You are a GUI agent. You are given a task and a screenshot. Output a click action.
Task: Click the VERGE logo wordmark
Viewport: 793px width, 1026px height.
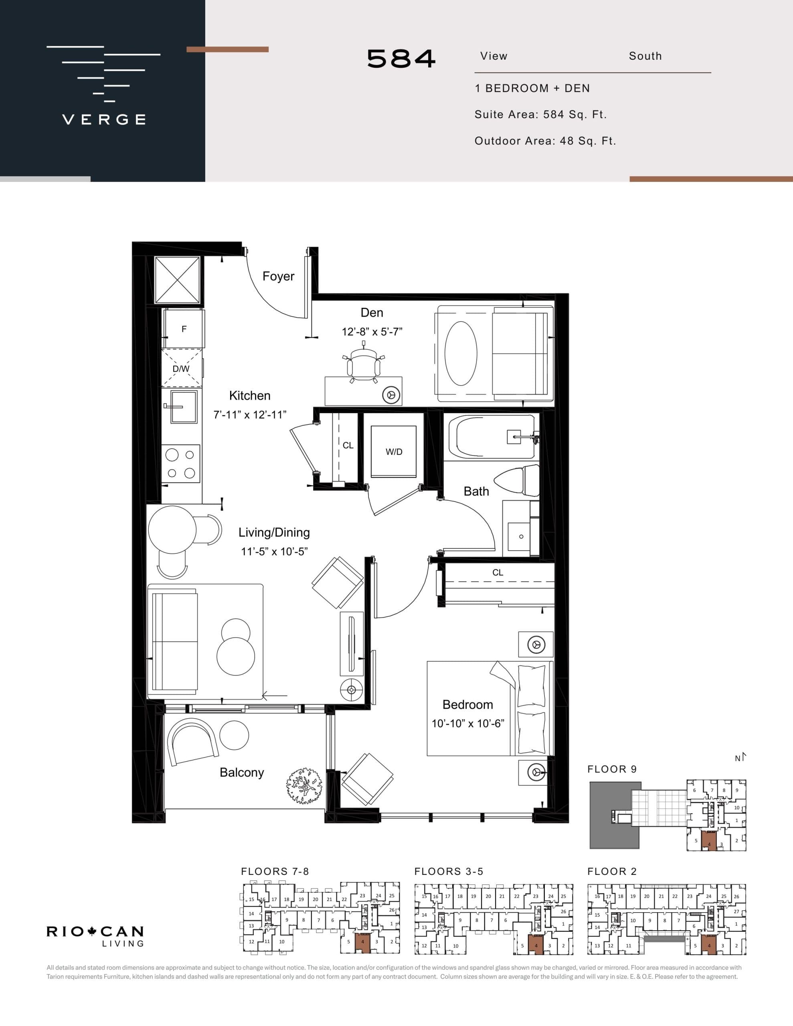point(104,119)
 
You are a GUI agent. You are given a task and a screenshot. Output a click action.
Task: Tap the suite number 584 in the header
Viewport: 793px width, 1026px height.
point(401,59)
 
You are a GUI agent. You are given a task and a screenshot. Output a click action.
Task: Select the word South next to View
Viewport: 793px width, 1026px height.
point(645,56)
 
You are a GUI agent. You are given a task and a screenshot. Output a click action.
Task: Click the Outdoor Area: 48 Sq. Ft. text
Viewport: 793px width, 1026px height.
point(545,141)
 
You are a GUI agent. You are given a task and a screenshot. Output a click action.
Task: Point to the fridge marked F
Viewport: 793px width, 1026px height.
point(184,329)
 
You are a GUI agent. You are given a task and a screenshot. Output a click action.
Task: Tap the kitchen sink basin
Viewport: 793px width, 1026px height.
point(183,406)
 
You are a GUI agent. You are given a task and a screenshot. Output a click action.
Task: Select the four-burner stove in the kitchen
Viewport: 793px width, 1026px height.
point(181,464)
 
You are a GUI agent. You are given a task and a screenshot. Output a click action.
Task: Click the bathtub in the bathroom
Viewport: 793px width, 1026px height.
point(491,436)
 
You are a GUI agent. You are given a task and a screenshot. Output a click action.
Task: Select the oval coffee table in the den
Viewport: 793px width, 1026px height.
point(461,354)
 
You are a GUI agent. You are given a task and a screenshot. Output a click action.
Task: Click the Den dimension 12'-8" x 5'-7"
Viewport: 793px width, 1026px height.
point(372,332)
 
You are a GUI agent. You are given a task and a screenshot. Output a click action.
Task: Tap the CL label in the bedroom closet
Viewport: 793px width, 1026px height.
point(498,573)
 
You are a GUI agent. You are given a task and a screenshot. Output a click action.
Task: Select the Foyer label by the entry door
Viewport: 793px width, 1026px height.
point(278,276)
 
